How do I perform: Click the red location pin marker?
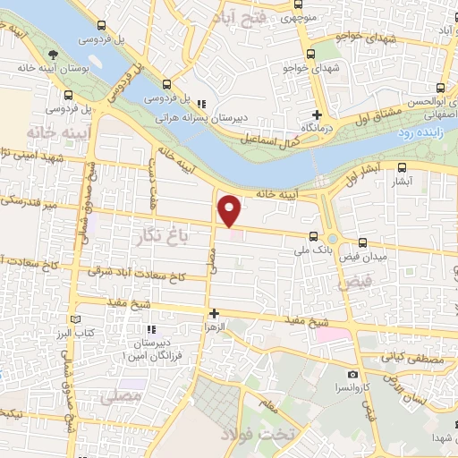[x=230, y=211]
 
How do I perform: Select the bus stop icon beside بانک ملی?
[x=312, y=236]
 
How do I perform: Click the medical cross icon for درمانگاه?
[x=317, y=115]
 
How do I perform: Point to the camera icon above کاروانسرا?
[x=353, y=373]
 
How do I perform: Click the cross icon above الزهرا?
[x=213, y=313]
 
